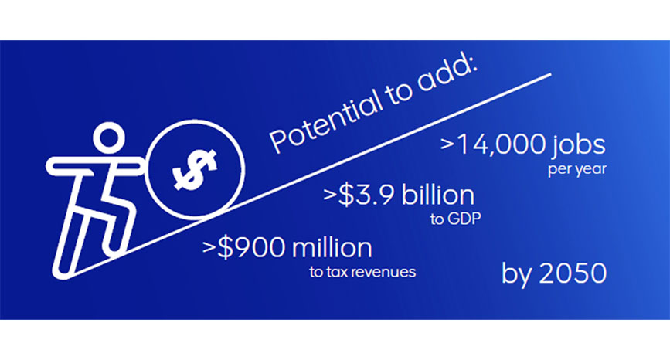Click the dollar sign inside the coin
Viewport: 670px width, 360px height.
click(195, 169)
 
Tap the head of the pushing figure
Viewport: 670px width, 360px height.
click(109, 138)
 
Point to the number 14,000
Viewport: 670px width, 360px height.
click(501, 144)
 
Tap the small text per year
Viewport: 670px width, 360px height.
click(576, 169)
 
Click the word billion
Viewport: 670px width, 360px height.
click(438, 195)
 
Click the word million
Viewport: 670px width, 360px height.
click(332, 248)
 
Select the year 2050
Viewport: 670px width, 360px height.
click(573, 273)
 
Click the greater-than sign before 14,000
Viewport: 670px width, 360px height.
click(447, 144)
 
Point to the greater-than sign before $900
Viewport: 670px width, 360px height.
click(209, 249)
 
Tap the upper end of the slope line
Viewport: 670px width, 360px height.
click(550, 75)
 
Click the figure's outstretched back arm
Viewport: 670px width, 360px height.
click(70, 167)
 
